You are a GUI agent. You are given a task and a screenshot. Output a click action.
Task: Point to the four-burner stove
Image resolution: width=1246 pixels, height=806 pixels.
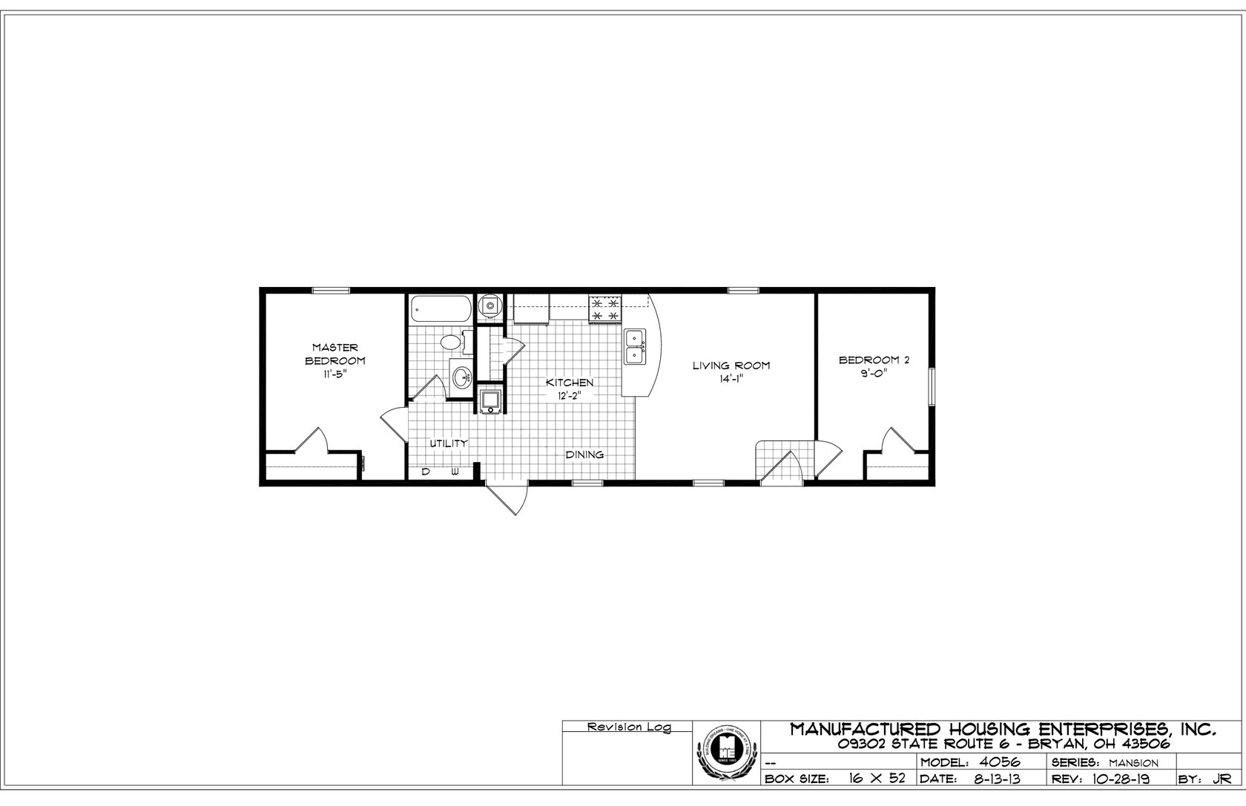[604, 309]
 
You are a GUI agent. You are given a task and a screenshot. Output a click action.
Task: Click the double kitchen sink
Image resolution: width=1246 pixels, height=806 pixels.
[635, 347]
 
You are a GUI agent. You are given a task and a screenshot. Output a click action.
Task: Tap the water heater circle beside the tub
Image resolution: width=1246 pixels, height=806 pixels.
[489, 305]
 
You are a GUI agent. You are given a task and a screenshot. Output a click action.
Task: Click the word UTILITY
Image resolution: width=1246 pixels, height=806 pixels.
[449, 443]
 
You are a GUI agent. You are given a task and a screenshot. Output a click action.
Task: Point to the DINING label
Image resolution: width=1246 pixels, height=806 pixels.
[584, 455]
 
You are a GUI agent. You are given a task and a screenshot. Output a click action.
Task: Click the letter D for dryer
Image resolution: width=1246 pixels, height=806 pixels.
[426, 472]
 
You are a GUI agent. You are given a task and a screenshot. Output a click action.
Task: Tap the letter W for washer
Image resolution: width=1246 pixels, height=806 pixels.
[455, 472]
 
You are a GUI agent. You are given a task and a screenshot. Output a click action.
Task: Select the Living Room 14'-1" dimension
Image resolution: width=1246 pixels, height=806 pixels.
[731, 379]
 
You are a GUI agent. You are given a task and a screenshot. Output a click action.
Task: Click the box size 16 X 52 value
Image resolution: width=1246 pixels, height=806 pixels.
[877, 779]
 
